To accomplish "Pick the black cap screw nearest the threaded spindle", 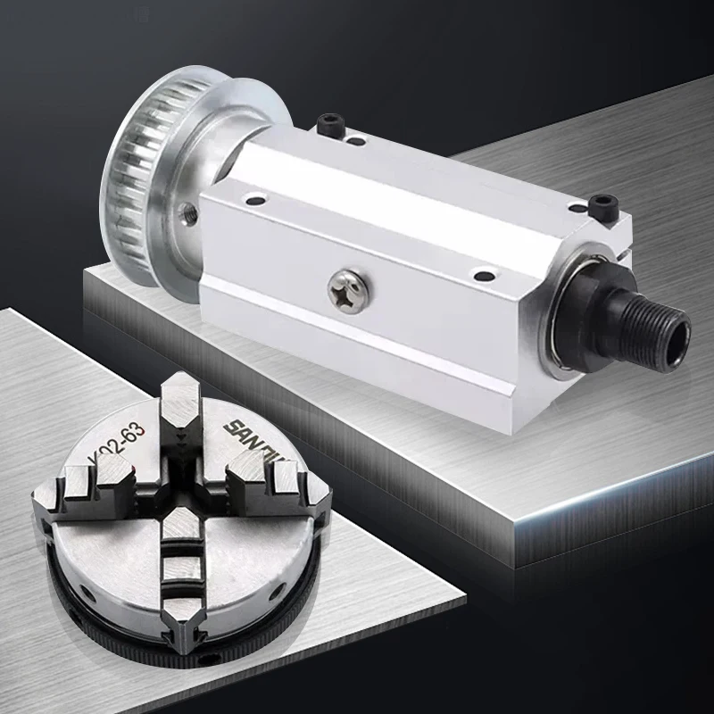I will [x=602, y=205].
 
